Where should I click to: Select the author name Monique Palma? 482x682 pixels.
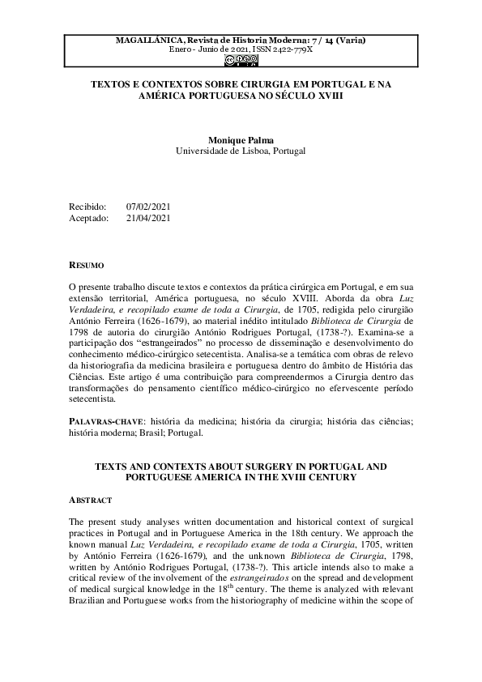(x=241, y=139)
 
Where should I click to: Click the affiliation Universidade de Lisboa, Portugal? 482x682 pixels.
(x=241, y=151)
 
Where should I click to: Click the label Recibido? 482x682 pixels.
(x=87, y=207)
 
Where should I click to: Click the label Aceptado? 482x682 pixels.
(x=88, y=218)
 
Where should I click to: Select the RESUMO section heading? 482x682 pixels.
(x=85, y=265)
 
